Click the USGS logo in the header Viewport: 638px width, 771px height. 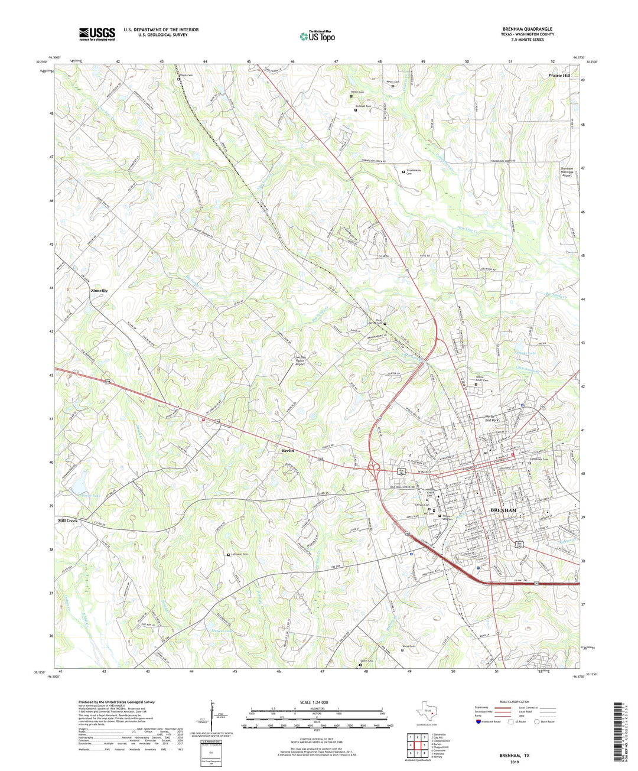tap(97, 34)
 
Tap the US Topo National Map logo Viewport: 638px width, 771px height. tap(317, 36)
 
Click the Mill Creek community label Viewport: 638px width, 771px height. tap(69, 521)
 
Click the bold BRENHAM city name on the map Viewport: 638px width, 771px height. tap(503, 510)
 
